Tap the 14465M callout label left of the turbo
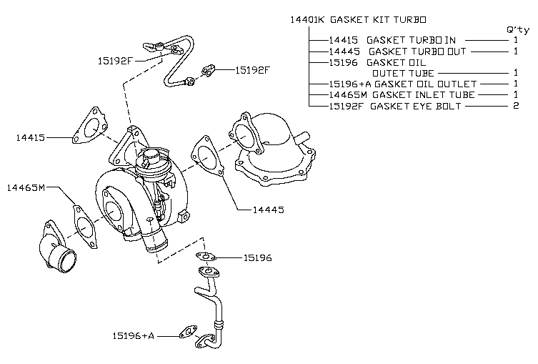26,188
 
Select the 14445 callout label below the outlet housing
269,210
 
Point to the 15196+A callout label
134,335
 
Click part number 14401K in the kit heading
307,19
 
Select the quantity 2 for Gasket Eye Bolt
515,106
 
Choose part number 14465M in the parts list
349,94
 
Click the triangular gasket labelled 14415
89,127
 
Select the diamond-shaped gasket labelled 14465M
84,225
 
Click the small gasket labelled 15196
205,256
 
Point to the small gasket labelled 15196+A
188,332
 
